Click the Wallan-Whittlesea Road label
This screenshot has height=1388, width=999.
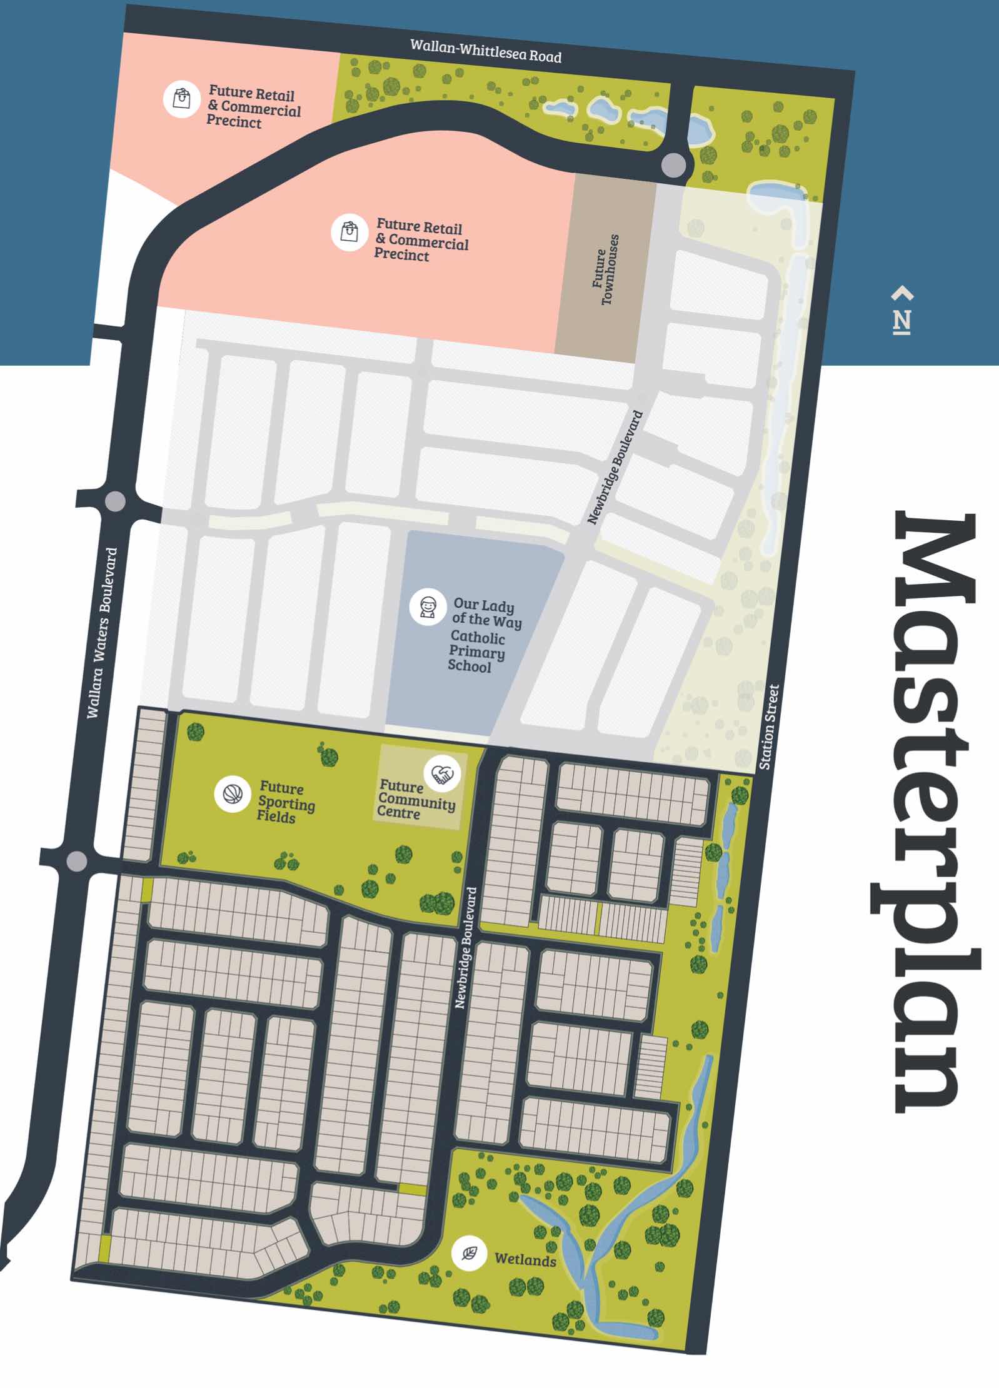(486, 51)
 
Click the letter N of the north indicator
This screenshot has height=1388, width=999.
(901, 321)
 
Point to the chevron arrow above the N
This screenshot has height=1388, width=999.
(902, 293)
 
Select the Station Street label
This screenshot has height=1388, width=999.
(770, 727)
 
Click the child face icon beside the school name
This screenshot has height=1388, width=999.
(428, 606)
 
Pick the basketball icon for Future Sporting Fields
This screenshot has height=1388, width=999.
(233, 795)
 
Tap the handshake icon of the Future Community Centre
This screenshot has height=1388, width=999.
(443, 775)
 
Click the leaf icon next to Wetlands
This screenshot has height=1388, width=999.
(469, 1253)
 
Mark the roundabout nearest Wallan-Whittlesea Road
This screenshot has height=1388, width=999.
(673, 166)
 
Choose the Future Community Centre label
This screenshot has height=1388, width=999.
(416, 800)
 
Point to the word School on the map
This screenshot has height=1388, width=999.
(469, 666)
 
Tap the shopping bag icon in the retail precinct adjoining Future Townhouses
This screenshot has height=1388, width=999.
(349, 232)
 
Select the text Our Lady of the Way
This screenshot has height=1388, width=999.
(486, 612)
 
